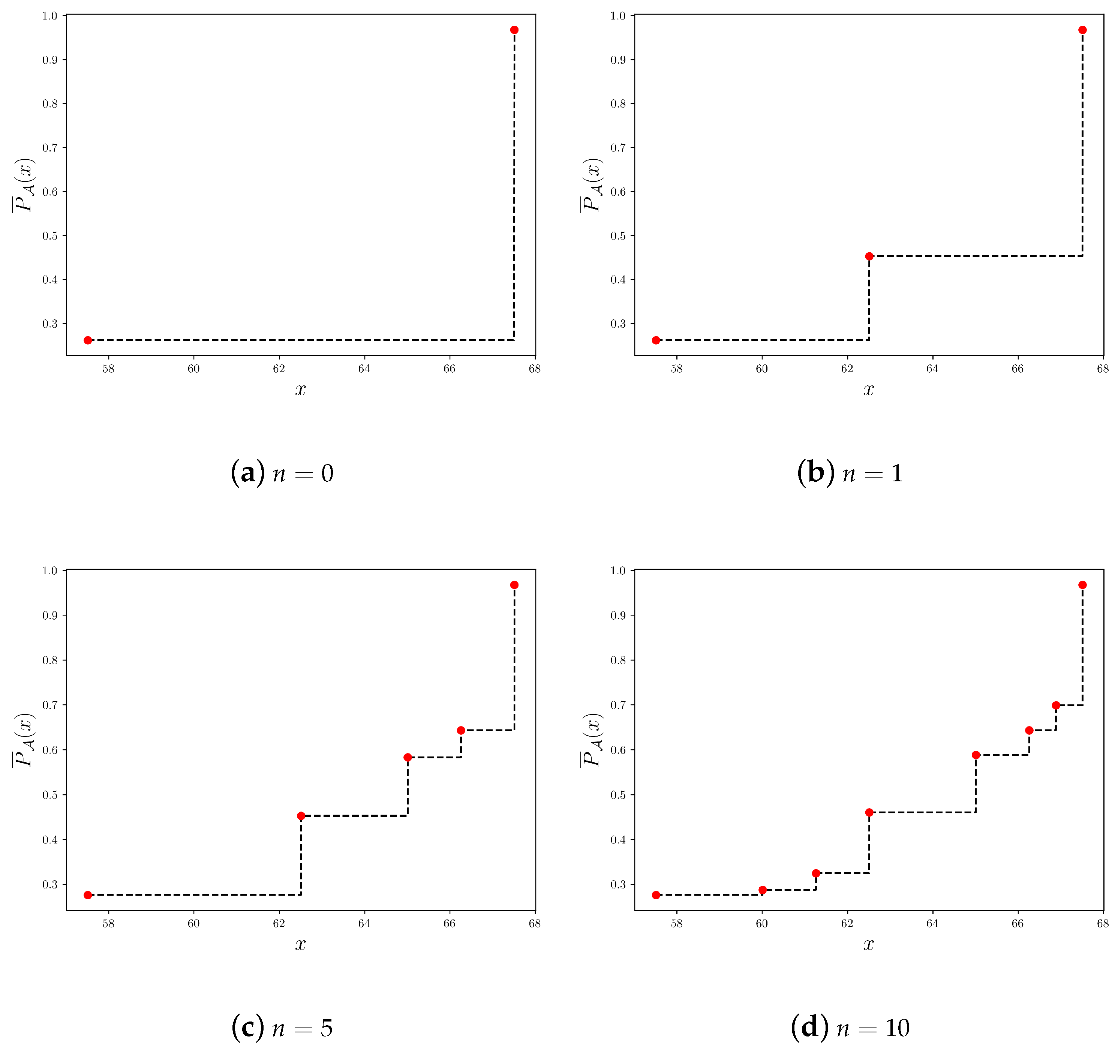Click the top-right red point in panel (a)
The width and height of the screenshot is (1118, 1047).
[514, 30]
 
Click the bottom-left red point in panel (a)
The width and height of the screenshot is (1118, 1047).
[88, 340]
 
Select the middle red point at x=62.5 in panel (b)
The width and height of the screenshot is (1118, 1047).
[869, 256]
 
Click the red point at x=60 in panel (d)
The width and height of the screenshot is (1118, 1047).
[763, 890]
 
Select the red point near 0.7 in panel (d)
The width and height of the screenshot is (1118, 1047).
[1056, 705]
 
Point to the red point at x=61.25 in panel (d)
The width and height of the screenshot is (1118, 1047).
[816, 873]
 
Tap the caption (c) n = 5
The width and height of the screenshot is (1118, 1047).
[282, 1028]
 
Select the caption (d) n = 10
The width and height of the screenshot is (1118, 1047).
[850, 1028]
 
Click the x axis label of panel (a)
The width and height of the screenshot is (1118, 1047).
[300, 389]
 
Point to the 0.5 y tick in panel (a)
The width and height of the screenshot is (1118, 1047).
[50, 235]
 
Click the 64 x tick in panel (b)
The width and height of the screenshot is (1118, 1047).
[932, 369]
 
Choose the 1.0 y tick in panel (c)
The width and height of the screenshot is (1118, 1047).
[50, 571]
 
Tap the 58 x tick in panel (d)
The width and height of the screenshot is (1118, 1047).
[676, 924]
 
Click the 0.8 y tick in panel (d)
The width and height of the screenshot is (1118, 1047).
[618, 660]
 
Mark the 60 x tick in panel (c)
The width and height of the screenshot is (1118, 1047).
[193, 924]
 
